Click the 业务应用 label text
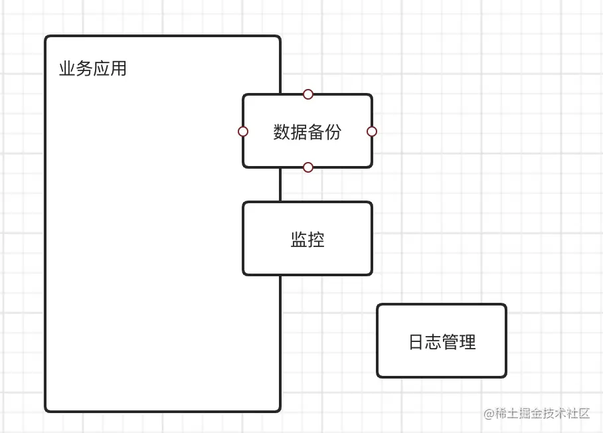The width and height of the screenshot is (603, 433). tap(93, 68)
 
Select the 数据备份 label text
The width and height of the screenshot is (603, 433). tap(307, 131)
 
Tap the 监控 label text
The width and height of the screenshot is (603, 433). tap(307, 239)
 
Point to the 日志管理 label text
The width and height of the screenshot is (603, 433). tap(442, 342)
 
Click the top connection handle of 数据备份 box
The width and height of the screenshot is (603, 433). tap(308, 94)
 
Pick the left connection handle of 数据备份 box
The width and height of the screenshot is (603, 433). tap(243, 131)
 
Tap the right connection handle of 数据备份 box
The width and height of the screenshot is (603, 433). tap(372, 131)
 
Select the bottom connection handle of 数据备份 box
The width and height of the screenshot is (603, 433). tap(308, 167)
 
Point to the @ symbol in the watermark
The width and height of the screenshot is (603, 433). tap(489, 414)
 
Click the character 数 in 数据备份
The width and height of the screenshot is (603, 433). tap(282, 131)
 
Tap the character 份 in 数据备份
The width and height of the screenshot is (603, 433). tap(333, 131)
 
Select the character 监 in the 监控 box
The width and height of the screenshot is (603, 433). tap(299, 239)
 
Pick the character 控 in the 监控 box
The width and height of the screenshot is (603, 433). tap(316, 239)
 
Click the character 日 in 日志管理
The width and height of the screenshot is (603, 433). tap(416, 342)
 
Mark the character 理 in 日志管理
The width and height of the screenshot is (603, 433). tap(468, 342)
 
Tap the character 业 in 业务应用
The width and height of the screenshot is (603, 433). tap(67, 68)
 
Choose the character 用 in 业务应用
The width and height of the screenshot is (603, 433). tap(119, 68)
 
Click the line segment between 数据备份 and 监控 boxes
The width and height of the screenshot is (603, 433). tap(280, 185)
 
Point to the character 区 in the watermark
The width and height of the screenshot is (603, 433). tap(584, 414)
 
